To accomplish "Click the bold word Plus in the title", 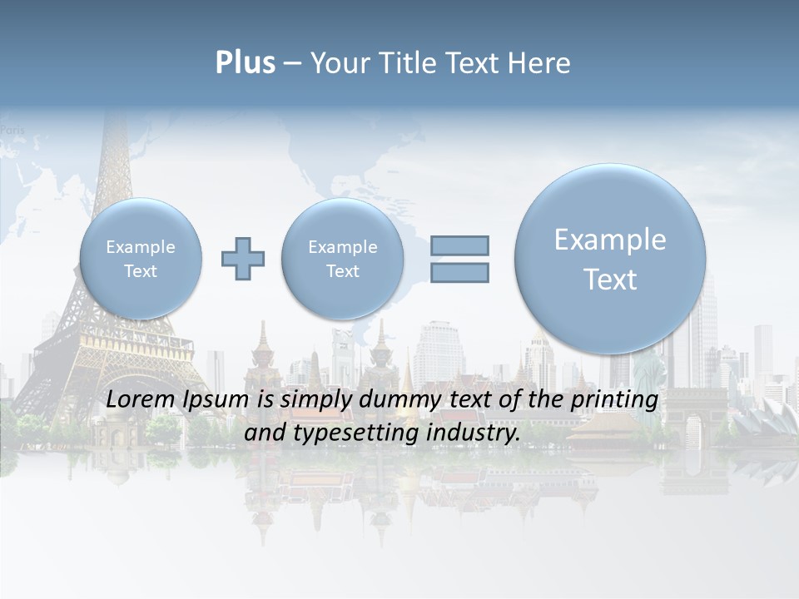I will [245, 63].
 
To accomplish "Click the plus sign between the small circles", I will [243, 259].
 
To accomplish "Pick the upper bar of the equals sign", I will [459, 245].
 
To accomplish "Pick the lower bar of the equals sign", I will [459, 272].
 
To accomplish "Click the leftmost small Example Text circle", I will [141, 259].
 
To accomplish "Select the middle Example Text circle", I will [342, 259].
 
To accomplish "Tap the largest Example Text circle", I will [610, 259].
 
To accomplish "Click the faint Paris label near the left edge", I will [12, 130].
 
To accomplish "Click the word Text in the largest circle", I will [610, 280].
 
